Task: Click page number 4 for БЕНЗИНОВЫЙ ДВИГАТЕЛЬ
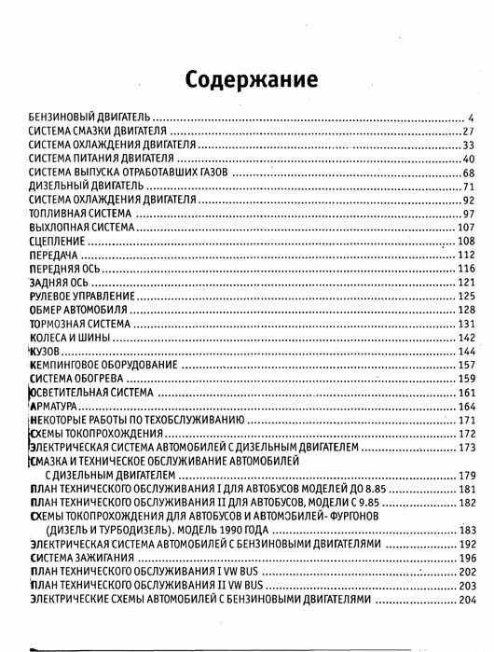pos(473,117)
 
